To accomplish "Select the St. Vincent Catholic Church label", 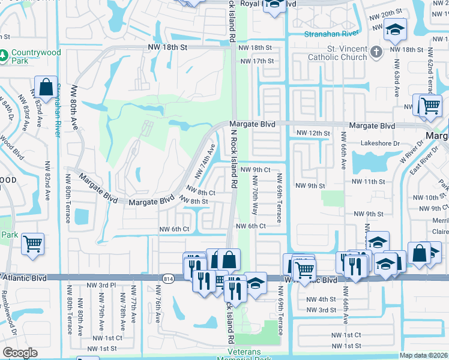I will point(337,53).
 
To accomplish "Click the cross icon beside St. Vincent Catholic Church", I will point(376,52).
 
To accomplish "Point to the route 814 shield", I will point(168,278).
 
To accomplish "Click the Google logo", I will point(20,353).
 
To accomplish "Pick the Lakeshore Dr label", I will point(380,143).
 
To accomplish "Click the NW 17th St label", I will point(256,61).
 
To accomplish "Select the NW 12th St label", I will point(313,133).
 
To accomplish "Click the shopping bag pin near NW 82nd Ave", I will point(46,88).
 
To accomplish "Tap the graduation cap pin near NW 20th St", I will point(395,30).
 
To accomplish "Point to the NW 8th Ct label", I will point(201,193).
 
